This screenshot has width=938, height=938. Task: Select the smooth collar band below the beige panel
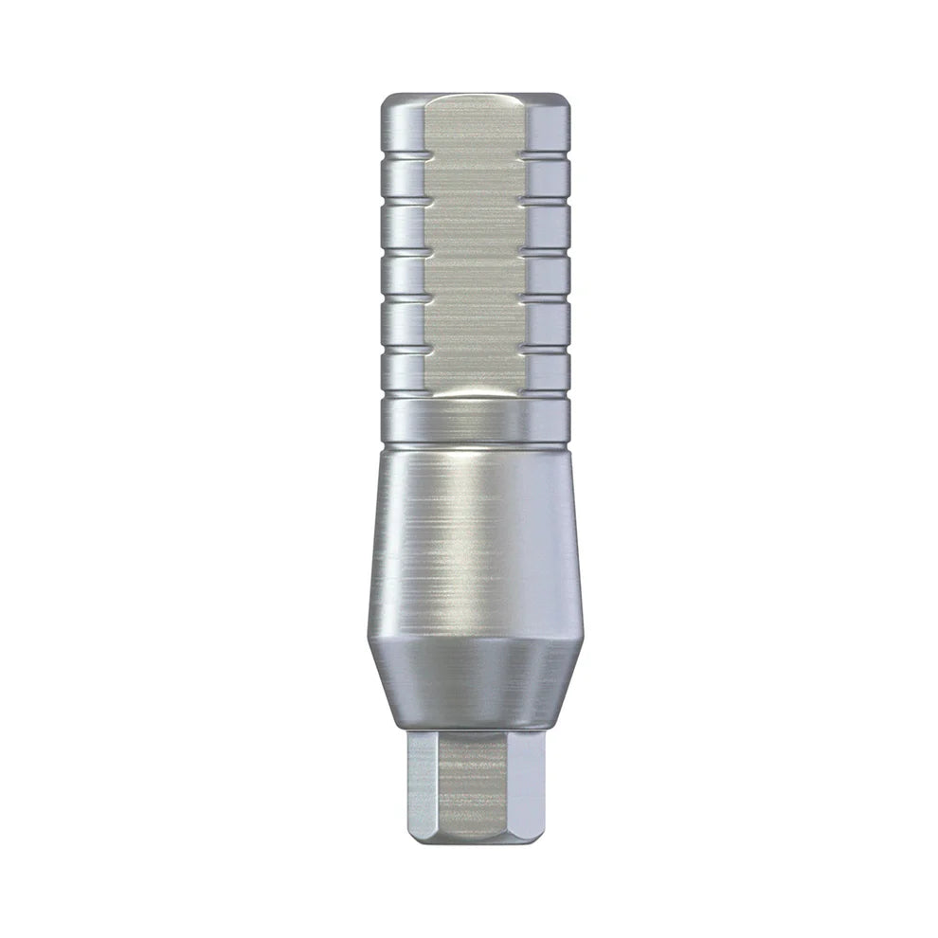[x=474, y=423]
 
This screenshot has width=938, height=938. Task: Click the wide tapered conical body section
[x=474, y=540]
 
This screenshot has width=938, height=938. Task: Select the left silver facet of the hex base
[x=422, y=782]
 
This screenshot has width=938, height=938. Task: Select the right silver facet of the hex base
[x=532, y=782]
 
